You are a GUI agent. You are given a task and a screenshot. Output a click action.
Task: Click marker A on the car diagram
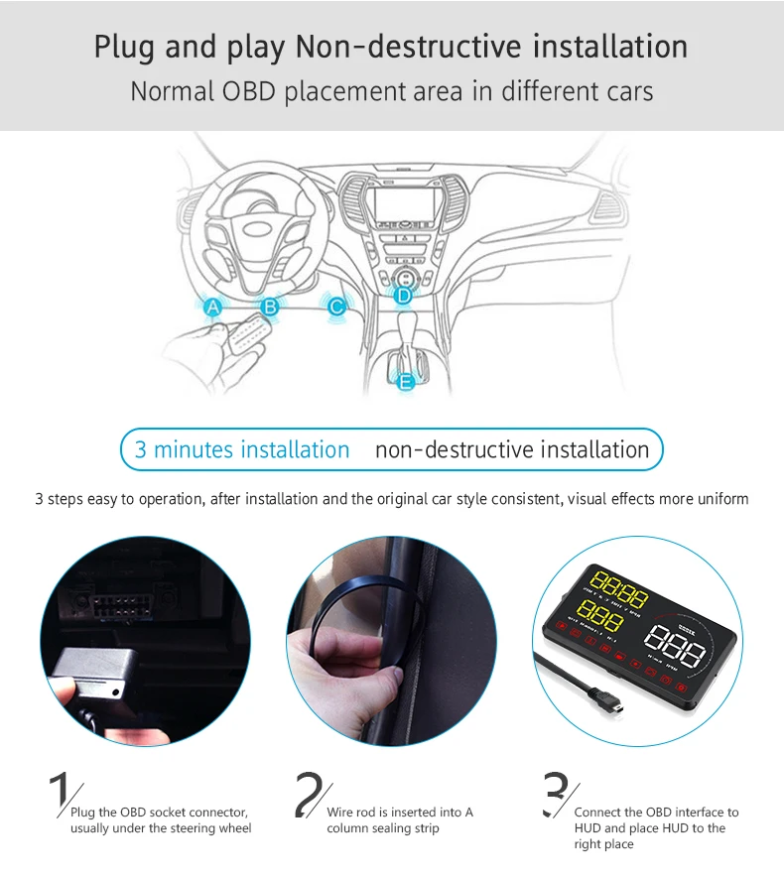tap(212, 308)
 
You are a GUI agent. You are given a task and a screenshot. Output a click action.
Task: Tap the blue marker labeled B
tap(270, 308)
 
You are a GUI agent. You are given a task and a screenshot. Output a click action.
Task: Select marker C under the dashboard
tap(336, 308)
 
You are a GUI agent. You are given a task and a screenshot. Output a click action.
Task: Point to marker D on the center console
tap(403, 295)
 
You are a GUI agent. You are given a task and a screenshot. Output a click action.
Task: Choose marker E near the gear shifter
tap(405, 380)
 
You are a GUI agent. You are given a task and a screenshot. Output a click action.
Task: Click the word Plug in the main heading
tap(126, 47)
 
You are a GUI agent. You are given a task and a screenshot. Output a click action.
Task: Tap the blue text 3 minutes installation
tap(242, 449)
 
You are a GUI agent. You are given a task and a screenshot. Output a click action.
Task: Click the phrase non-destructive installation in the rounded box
tap(512, 449)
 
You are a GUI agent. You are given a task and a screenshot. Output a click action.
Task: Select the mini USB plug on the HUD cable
tap(616, 706)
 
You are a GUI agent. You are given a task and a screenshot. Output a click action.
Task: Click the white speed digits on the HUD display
tap(674, 651)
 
